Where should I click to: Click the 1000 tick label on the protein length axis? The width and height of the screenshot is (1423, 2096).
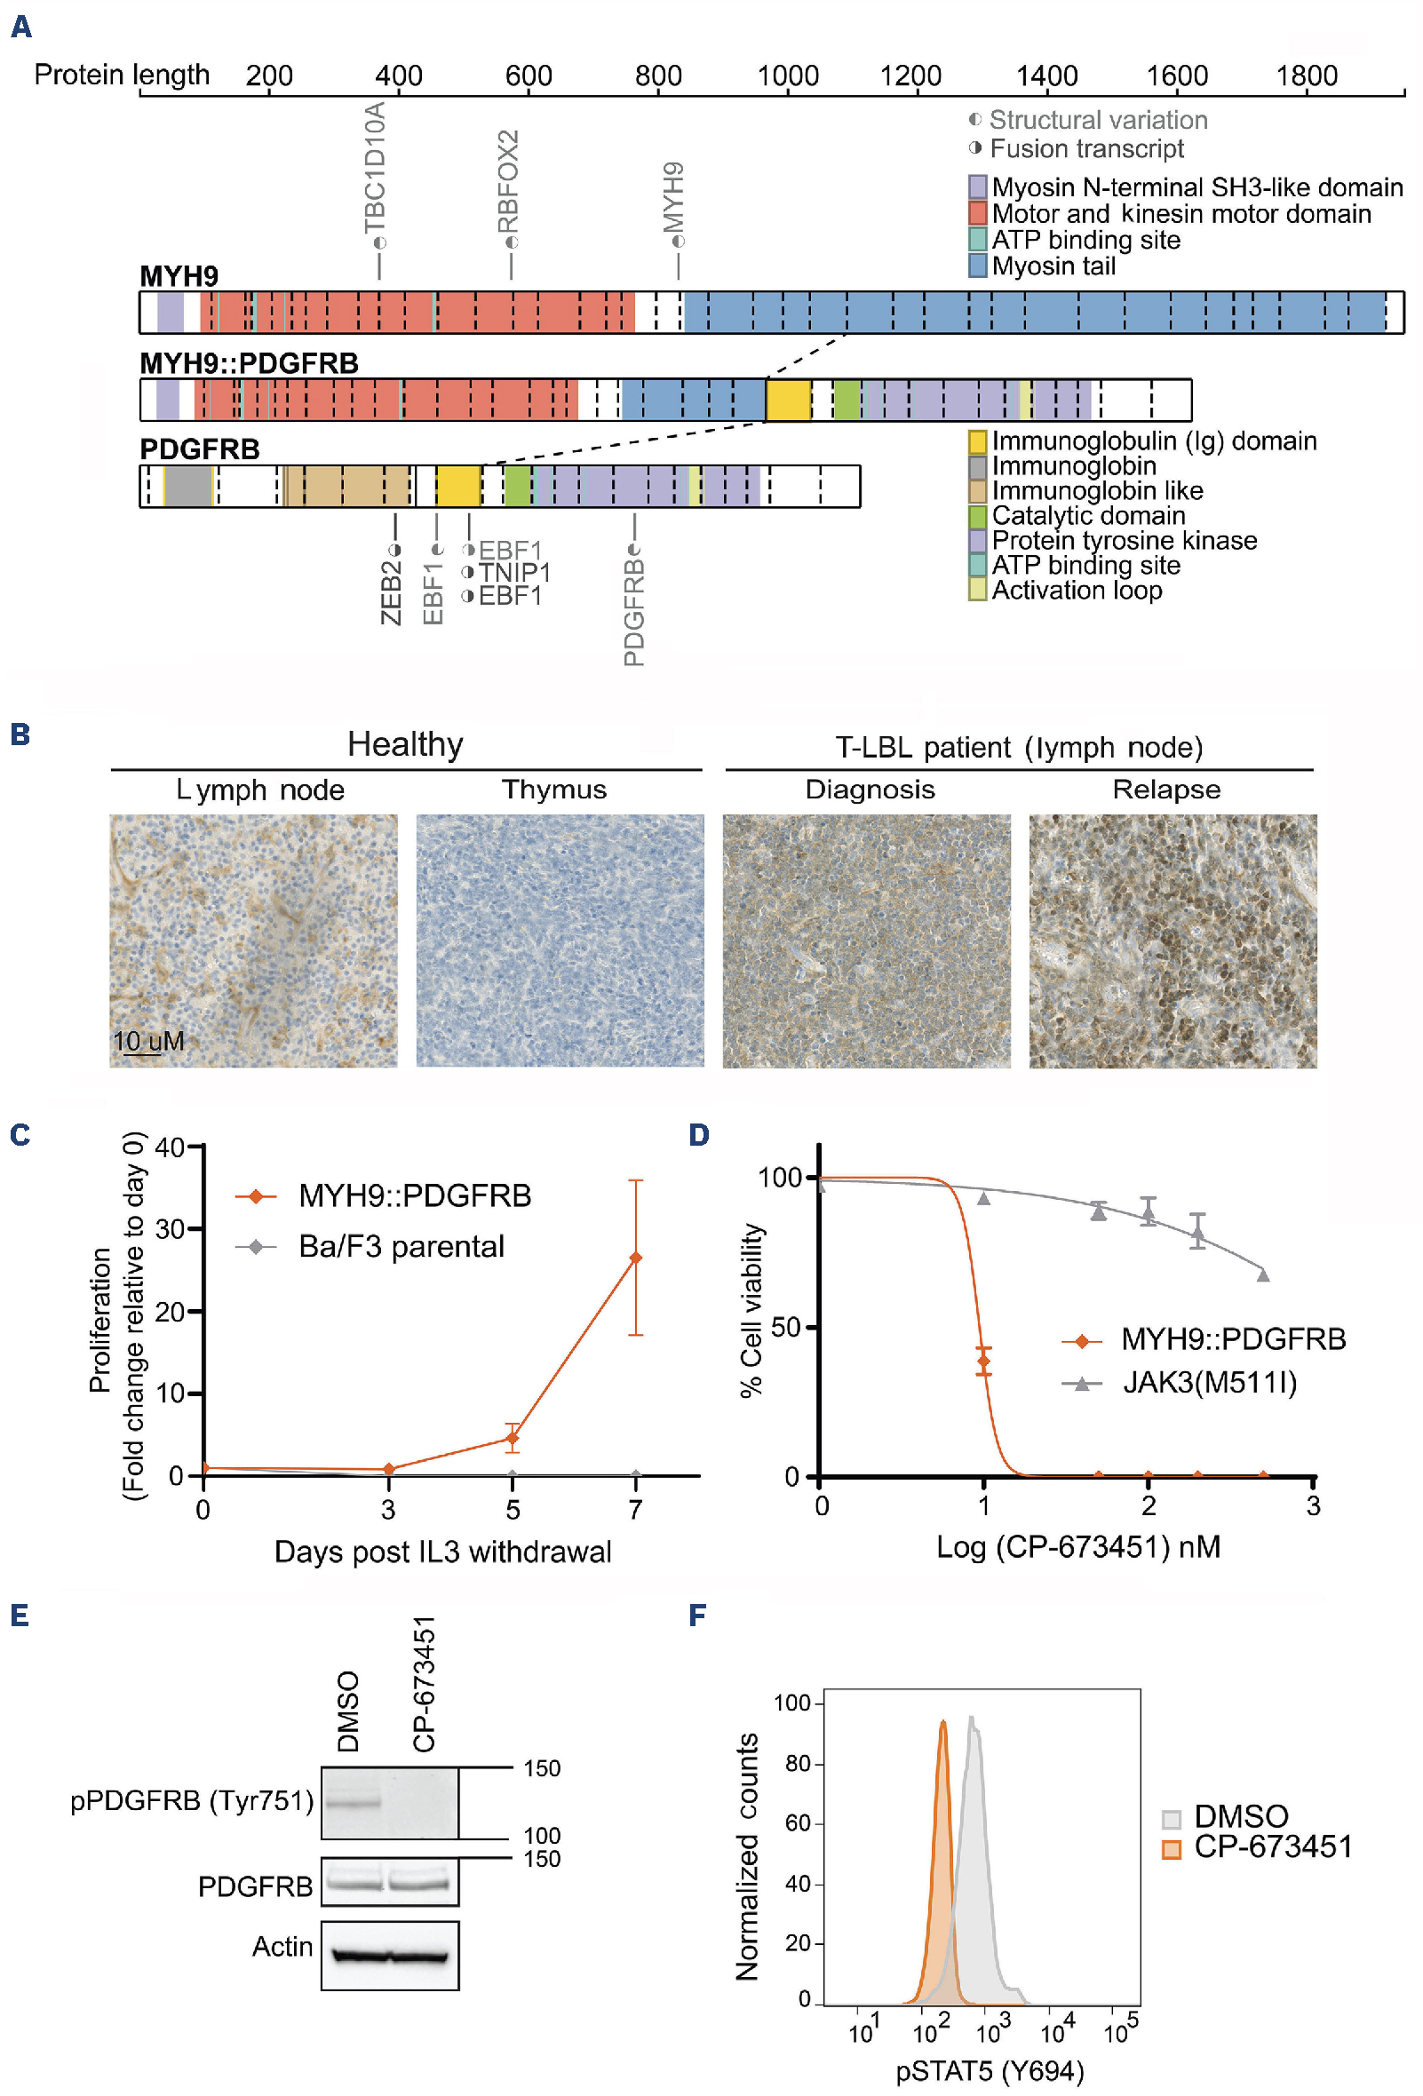(x=787, y=75)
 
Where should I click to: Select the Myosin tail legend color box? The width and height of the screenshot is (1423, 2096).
(x=977, y=266)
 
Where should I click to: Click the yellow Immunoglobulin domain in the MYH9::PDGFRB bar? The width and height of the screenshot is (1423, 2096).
(x=787, y=400)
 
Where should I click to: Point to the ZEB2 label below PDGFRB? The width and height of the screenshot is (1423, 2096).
(x=391, y=591)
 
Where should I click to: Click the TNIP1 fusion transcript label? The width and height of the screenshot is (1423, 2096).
(x=514, y=573)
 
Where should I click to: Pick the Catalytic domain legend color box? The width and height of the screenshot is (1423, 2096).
(x=977, y=516)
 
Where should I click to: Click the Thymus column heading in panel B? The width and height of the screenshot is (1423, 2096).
(x=553, y=790)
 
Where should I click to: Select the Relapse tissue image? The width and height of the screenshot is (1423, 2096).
(x=1173, y=941)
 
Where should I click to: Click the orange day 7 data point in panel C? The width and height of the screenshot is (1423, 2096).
(x=636, y=1258)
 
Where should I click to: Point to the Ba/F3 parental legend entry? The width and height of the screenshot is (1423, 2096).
(x=401, y=1246)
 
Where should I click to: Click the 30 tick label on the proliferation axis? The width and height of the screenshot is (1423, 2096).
(x=171, y=1228)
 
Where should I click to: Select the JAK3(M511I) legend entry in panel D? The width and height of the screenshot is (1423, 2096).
(x=1209, y=1382)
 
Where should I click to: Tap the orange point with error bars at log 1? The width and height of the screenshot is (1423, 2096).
(x=984, y=1361)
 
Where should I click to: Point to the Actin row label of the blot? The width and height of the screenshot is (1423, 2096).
(x=282, y=1947)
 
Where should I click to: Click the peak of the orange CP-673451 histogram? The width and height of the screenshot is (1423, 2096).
(x=943, y=1723)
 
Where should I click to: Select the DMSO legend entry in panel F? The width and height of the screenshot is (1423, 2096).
(x=1240, y=1816)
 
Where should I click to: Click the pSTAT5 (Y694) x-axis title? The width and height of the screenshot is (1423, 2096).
(x=990, y=2072)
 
